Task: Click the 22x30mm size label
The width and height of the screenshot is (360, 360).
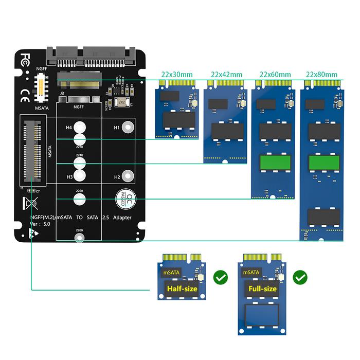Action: tap(177, 74)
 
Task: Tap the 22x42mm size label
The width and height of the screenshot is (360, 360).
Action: tap(226, 74)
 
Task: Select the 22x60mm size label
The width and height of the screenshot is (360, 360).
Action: tap(275, 74)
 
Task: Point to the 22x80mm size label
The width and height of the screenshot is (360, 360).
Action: tap(322, 74)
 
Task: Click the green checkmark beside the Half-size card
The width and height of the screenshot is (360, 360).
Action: tap(220, 278)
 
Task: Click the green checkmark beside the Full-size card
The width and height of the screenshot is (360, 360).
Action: tap(300, 278)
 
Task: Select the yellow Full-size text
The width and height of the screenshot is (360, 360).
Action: tap(262, 289)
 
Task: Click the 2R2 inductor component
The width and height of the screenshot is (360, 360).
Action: tap(121, 102)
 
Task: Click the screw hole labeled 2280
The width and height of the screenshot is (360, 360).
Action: tap(79, 239)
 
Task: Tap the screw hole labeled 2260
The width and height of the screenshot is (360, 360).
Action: tap(79, 199)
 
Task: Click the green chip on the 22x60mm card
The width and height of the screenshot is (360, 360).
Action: tap(274, 163)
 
